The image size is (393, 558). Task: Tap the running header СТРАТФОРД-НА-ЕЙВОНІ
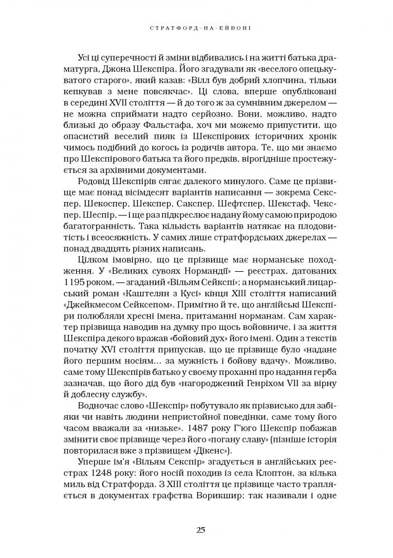pos(197,27)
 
